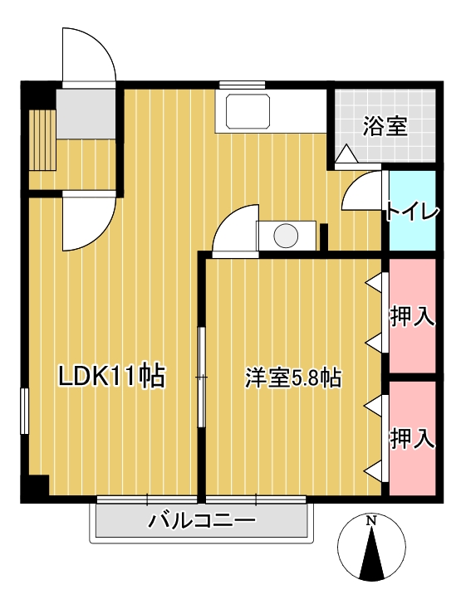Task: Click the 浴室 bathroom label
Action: click(385, 127)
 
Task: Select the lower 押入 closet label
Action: click(413, 437)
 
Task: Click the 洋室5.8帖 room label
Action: click(293, 378)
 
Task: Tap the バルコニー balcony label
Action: click(202, 522)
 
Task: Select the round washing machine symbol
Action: click(286, 236)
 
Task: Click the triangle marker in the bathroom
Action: click(346, 153)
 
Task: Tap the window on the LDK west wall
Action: click(25, 411)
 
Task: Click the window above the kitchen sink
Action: click(242, 85)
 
